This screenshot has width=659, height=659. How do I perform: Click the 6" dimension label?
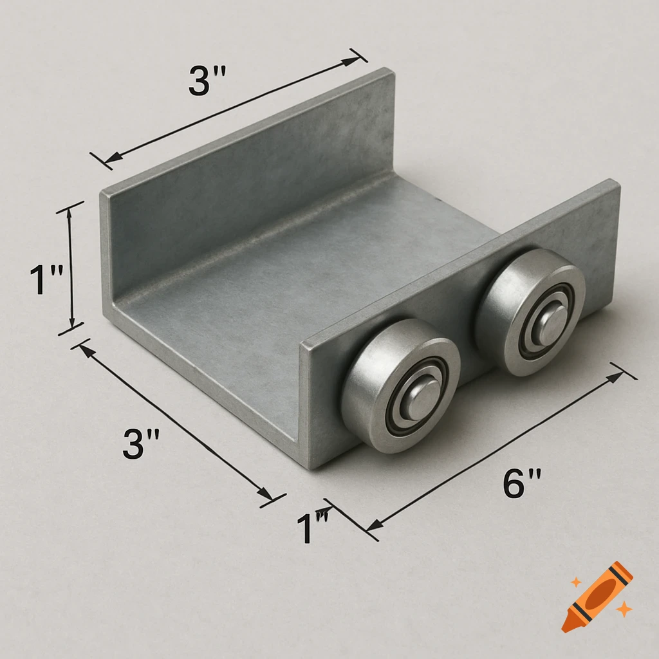[521, 483]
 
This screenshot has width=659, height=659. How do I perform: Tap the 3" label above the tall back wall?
[207, 80]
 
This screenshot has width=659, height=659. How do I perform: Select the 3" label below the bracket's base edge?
[141, 443]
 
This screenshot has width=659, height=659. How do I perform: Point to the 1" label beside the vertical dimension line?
[46, 280]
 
